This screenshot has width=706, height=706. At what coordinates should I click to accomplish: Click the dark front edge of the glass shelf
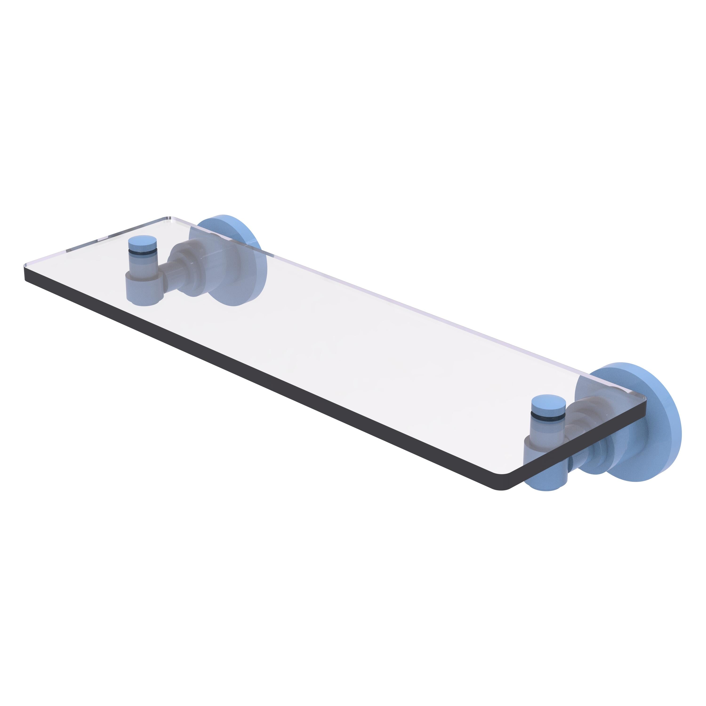[x=256, y=380]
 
